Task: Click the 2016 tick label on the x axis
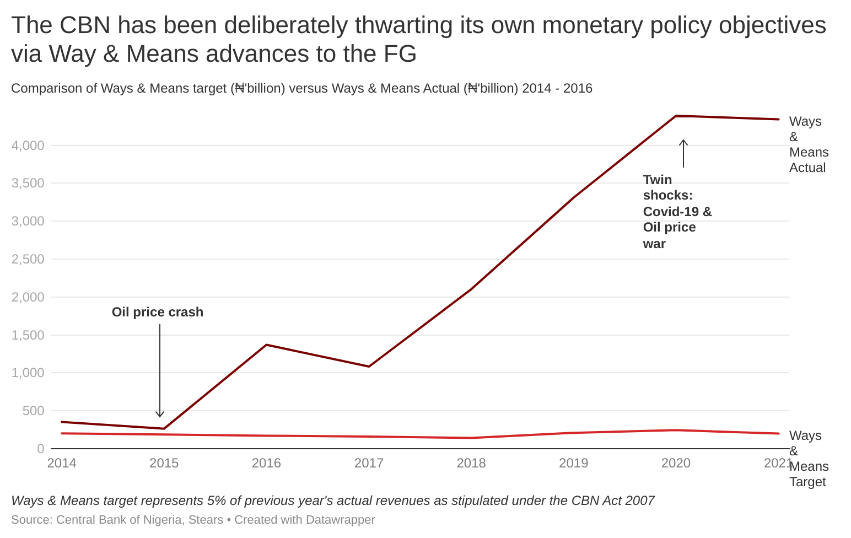pyautogui.click(x=266, y=463)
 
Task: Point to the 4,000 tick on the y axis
pyautogui.click(x=28, y=146)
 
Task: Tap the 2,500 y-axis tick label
pyautogui.click(x=28, y=259)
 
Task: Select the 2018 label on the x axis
pyautogui.click(x=471, y=463)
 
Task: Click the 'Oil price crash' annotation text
pyautogui.click(x=158, y=312)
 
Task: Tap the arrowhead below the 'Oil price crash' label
pyautogui.click(x=160, y=414)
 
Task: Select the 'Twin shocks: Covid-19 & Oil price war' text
pyautogui.click(x=677, y=212)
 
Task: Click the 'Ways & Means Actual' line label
pyautogui.click(x=808, y=144)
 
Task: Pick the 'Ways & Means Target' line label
pyautogui.click(x=808, y=459)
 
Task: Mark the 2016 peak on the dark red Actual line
pyautogui.click(x=266, y=345)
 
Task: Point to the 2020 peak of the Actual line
pyautogui.click(x=676, y=116)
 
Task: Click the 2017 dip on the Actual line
pyautogui.click(x=369, y=366)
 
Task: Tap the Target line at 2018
pyautogui.click(x=471, y=438)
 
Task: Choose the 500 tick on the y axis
pyautogui.click(x=33, y=411)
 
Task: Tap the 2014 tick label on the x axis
pyautogui.click(x=62, y=463)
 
